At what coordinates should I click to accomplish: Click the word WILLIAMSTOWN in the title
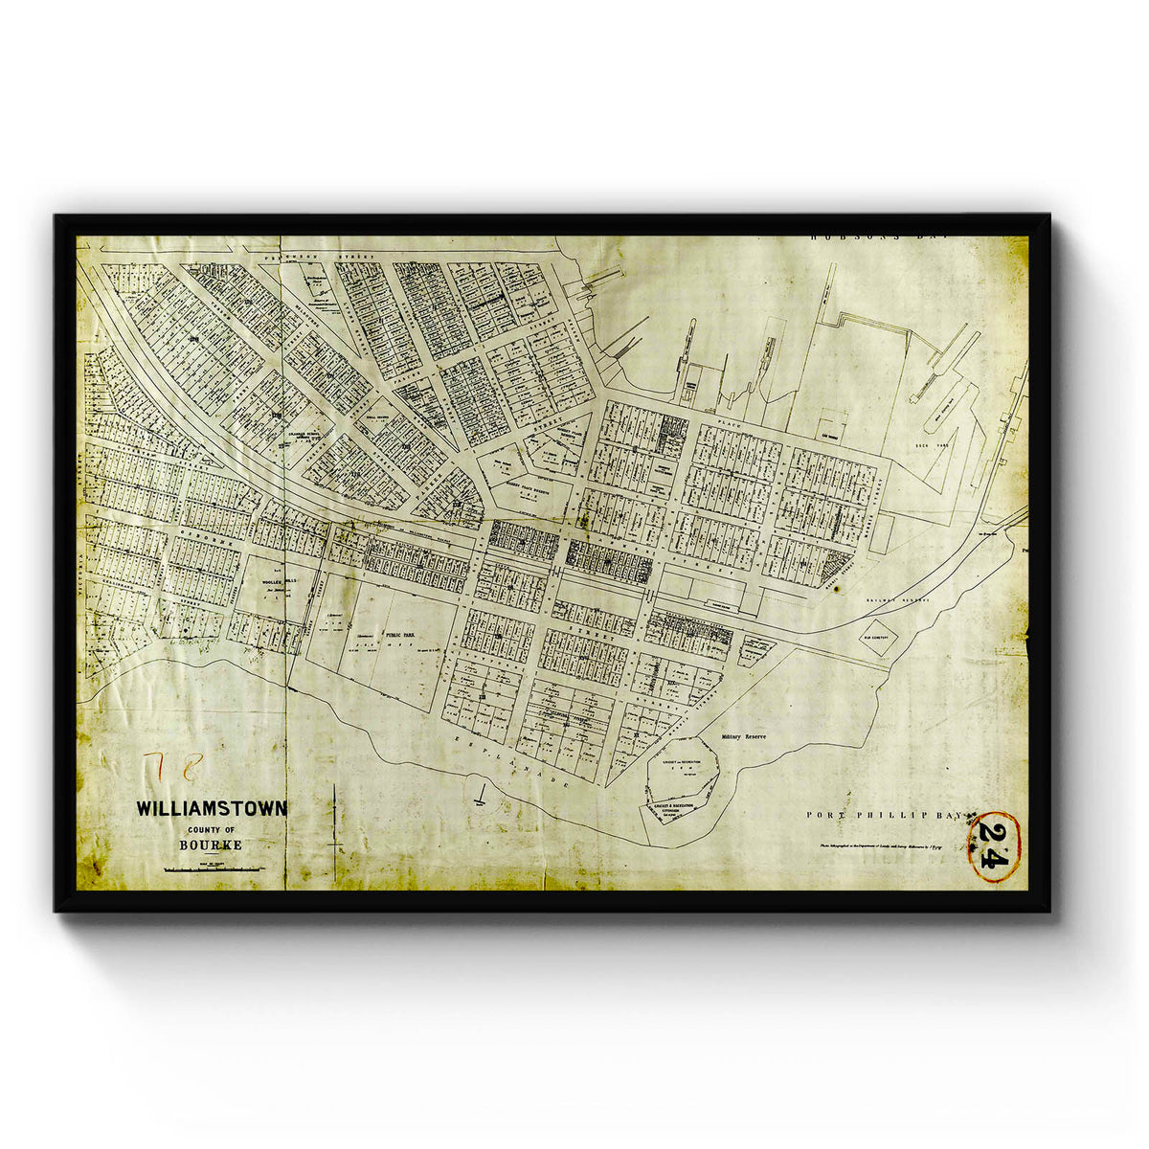click(211, 808)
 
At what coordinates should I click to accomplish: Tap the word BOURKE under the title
click(210, 845)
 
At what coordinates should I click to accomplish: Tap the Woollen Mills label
click(261, 582)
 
